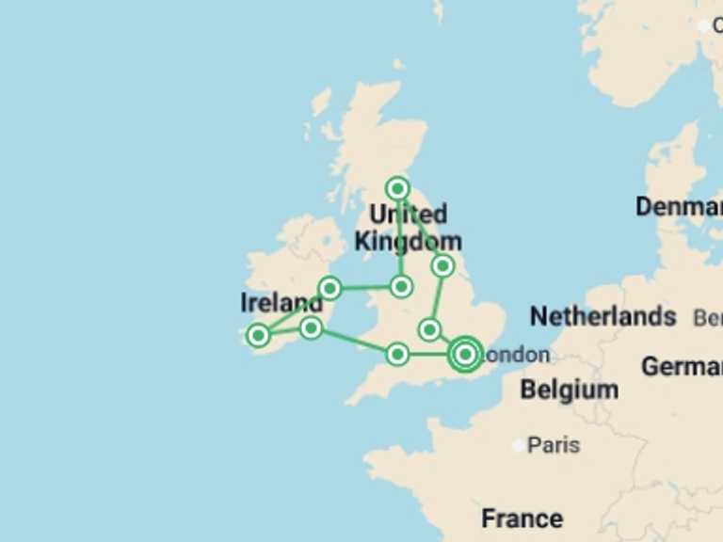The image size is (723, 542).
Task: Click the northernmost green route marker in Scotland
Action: [398, 188]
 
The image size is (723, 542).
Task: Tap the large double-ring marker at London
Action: [465, 355]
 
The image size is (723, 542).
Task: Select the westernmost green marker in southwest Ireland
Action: [258, 335]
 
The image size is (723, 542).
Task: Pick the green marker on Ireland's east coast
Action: [329, 288]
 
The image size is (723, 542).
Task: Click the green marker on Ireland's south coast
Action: [311, 327]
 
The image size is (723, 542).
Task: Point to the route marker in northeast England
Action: [442, 266]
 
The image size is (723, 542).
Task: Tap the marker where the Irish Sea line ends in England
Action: [402, 286]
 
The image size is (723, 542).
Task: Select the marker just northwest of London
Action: [430, 329]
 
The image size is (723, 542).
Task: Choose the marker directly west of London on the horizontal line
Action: [397, 354]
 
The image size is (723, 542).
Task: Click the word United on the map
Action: [408, 214]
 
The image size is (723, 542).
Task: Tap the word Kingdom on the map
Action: [408, 241]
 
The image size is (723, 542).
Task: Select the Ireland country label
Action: [281, 303]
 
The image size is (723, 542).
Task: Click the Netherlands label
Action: [602, 316]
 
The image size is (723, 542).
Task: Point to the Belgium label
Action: [570, 389]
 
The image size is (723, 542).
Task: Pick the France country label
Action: [522, 518]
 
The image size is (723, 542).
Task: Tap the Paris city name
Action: [554, 444]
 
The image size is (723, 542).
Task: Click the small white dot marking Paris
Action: [519, 445]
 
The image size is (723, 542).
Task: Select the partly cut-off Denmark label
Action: [679, 206]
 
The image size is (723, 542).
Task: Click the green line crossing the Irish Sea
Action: [365, 287]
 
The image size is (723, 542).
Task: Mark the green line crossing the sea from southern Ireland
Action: [354, 341]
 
